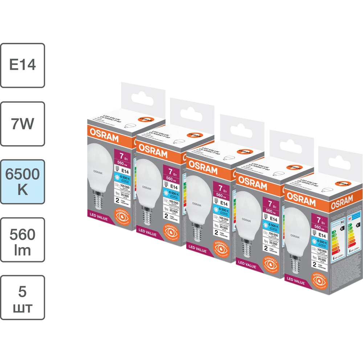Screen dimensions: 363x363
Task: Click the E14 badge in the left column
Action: point(23,65)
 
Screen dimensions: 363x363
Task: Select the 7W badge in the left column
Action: point(23,124)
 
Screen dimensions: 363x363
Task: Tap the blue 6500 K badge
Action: point(23,182)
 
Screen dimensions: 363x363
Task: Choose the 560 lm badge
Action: point(23,240)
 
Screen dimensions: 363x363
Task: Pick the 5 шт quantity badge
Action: point(23,298)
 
